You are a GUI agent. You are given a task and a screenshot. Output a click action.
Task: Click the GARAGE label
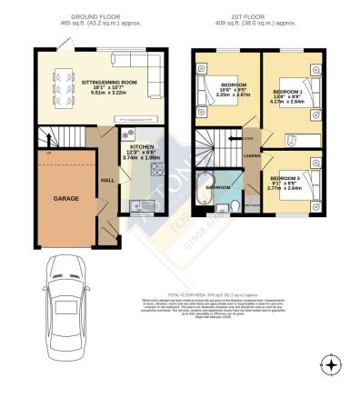click(65, 197)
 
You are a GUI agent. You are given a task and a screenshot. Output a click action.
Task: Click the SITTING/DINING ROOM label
click(90, 82)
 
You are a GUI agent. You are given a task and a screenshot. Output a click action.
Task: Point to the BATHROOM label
click(216, 188)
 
